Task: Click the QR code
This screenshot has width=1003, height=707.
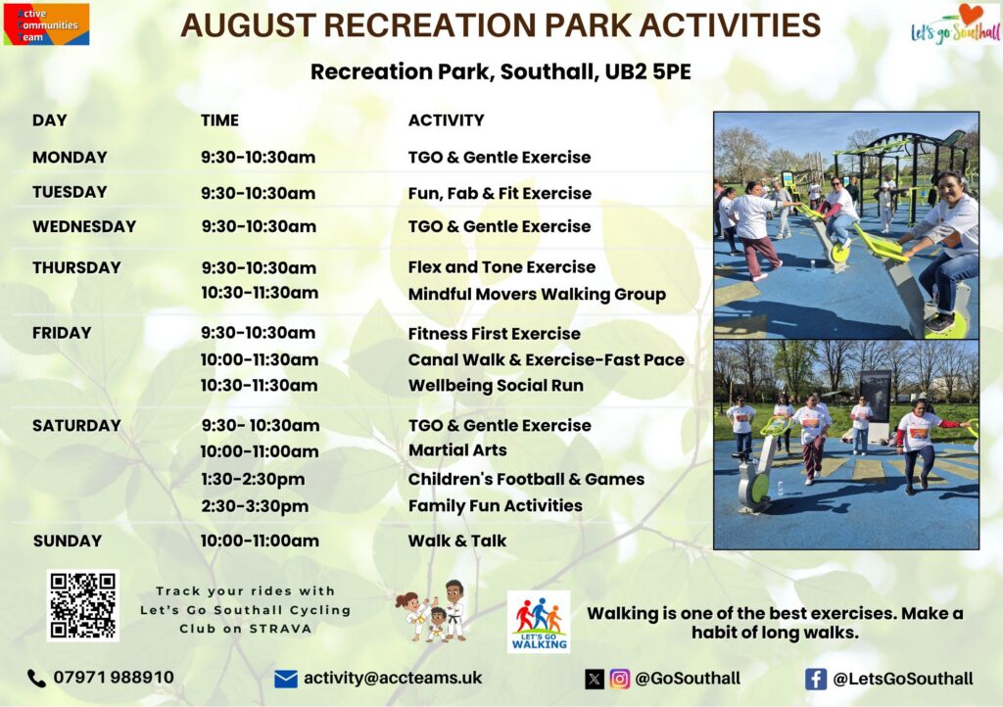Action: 82,605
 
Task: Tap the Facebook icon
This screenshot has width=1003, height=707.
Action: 816,679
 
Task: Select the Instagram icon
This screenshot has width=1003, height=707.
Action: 619,679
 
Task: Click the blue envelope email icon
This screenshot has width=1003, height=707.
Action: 286,679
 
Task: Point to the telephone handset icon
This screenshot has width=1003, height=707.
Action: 36,679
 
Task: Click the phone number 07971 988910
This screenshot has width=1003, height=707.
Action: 114,678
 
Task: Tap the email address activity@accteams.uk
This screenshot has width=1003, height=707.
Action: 393,679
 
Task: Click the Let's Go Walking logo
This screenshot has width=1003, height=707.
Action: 539,622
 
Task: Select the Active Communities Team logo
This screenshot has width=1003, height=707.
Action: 46,24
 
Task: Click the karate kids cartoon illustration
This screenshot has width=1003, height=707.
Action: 433,610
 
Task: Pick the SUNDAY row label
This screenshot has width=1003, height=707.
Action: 68,542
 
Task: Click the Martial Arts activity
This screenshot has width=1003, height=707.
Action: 457,450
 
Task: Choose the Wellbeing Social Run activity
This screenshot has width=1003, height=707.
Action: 496,386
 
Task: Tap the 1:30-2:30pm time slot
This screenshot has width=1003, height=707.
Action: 253,480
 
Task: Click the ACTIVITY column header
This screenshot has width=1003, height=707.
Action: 447,120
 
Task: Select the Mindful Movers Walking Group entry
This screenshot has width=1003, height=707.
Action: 538,294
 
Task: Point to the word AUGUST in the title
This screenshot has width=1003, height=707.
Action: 249,25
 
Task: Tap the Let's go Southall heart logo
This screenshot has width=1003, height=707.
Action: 956,24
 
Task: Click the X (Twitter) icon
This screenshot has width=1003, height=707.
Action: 595,679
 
